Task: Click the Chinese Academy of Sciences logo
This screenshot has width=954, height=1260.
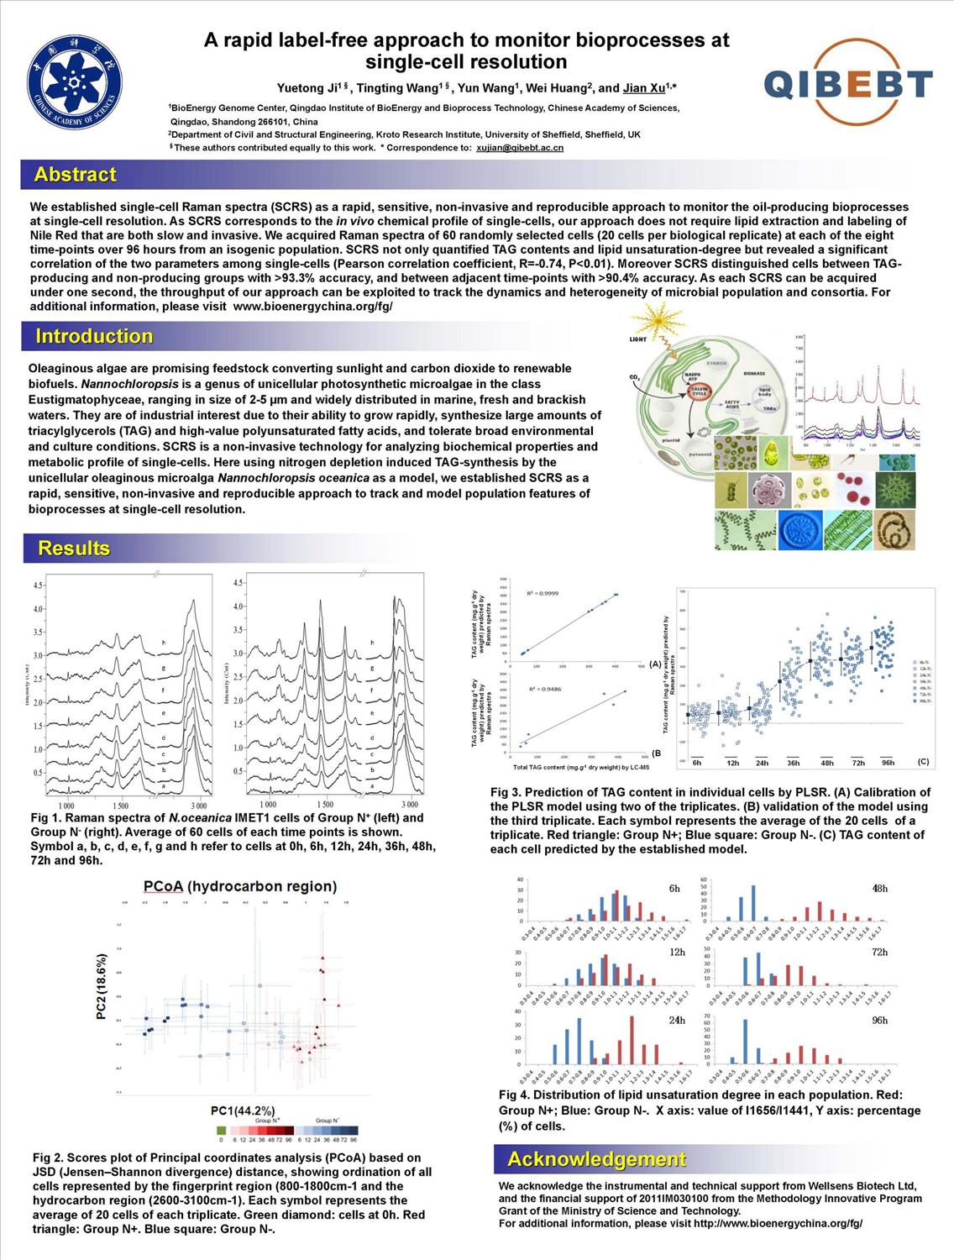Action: point(75,83)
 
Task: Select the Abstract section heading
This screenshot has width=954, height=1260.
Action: point(75,175)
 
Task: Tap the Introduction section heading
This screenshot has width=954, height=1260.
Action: point(94,336)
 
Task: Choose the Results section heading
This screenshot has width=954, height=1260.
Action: point(74,549)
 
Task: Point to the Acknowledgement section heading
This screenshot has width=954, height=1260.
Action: point(597,1159)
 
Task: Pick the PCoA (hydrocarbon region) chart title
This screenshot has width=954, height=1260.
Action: point(240,886)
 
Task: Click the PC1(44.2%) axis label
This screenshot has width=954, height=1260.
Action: point(243,1110)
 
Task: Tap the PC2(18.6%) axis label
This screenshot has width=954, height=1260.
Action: point(102,987)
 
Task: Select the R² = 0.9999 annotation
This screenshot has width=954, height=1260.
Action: point(543,594)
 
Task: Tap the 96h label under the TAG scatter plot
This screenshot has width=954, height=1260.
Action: point(888,763)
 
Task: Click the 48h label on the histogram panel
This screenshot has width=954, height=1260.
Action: point(879,888)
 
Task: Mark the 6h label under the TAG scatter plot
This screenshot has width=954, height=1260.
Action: point(696,763)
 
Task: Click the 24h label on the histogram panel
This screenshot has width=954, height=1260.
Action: point(677,1020)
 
